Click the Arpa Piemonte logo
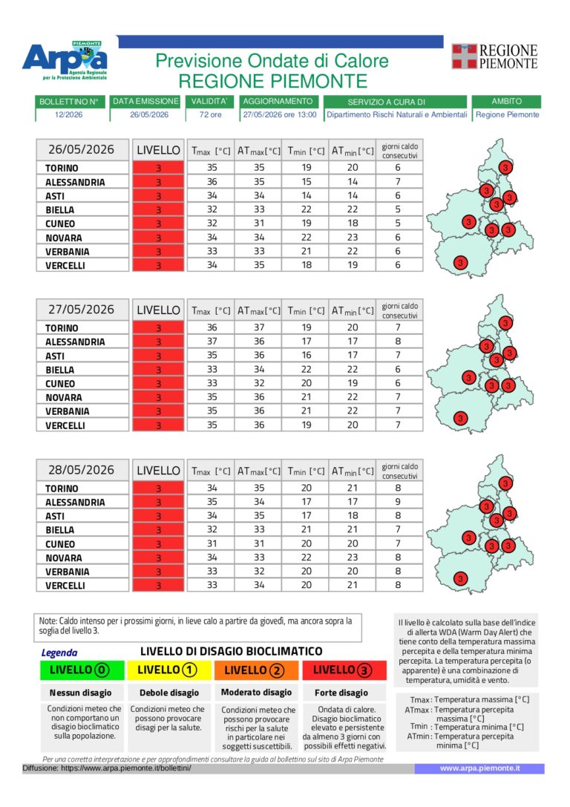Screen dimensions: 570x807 click(65, 61)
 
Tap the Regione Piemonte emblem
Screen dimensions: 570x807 click(464, 56)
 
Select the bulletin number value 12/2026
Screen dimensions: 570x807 click(69, 115)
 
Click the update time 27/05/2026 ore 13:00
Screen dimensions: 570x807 click(279, 115)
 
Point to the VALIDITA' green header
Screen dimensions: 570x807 click(209, 102)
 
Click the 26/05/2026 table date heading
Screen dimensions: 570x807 click(82, 150)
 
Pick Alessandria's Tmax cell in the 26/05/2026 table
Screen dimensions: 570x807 click(212, 182)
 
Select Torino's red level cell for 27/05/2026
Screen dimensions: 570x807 click(158, 328)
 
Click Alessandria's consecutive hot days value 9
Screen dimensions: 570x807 click(398, 502)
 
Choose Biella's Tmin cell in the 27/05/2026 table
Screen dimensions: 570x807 click(306, 370)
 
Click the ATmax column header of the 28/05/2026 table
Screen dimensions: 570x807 click(259, 471)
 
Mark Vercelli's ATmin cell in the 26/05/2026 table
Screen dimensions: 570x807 click(353, 265)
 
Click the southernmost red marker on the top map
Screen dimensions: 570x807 click(460, 263)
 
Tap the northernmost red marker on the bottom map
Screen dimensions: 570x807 click(505, 483)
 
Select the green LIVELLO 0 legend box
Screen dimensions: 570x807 click(82, 670)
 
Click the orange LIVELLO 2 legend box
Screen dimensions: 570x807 click(256, 670)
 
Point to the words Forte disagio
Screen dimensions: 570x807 click(341, 693)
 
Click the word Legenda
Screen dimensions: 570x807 click(59, 653)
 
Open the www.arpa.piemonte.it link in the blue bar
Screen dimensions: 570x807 click(479, 768)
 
